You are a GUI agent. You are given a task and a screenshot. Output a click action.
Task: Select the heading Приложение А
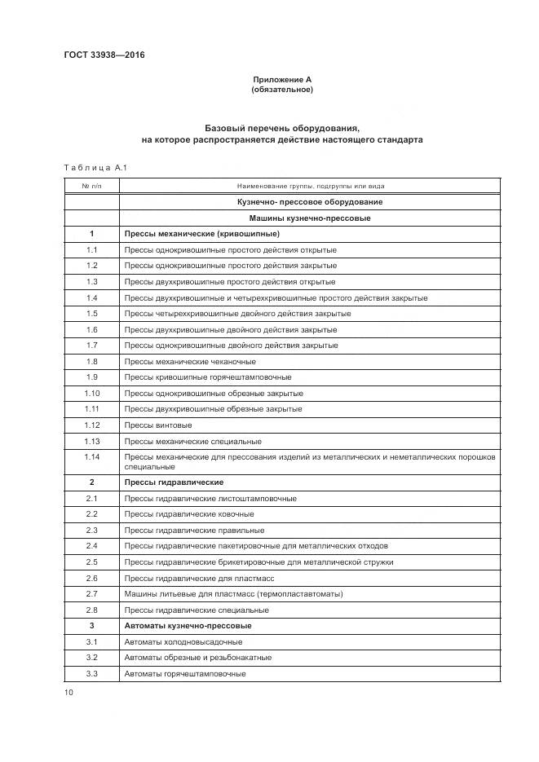click(x=281, y=80)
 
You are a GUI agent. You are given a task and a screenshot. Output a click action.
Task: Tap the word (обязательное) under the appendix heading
click(x=281, y=90)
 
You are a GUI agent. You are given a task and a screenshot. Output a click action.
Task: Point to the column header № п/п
click(x=91, y=186)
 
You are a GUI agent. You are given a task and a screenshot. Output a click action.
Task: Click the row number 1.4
click(x=91, y=297)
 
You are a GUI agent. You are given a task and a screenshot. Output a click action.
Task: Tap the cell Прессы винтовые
click(x=158, y=425)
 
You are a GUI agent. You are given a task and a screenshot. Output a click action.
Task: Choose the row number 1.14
click(x=91, y=456)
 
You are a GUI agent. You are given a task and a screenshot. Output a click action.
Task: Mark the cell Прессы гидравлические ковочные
click(x=189, y=514)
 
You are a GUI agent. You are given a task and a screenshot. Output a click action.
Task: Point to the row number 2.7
click(x=91, y=594)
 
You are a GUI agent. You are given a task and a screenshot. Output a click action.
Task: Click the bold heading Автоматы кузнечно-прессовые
click(x=188, y=626)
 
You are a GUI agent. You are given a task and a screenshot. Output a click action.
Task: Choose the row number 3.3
click(x=91, y=673)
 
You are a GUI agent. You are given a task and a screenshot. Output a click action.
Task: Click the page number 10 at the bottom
click(x=68, y=693)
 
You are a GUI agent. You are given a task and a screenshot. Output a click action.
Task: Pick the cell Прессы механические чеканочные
click(x=190, y=361)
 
